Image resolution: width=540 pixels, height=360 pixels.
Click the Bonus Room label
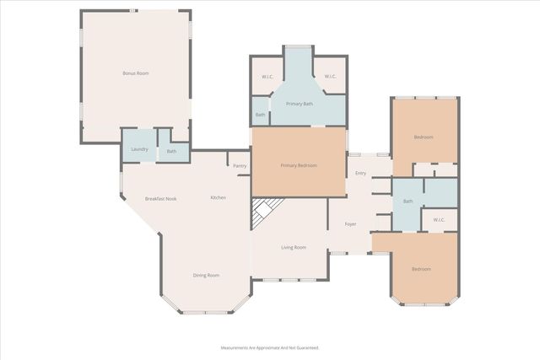(135, 74)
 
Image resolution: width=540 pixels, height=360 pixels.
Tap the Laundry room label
(140, 150)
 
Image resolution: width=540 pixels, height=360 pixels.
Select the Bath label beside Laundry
(171, 151)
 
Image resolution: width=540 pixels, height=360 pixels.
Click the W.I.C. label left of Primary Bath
(267, 77)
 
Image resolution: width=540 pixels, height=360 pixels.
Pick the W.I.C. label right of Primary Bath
(330, 77)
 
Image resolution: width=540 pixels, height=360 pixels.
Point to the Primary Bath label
(299, 104)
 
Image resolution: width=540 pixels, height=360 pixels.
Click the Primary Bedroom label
(299, 165)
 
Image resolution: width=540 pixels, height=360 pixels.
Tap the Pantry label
(240, 166)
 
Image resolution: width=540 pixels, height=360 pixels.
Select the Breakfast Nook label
(160, 198)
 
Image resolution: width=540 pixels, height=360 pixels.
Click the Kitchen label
(218, 197)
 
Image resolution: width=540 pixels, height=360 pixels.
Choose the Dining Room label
(207, 275)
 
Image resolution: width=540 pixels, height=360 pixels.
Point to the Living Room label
(293, 247)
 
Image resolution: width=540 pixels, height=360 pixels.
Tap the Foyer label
(350, 224)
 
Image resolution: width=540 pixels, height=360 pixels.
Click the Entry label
(360, 173)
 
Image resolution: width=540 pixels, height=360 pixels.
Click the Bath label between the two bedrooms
(408, 201)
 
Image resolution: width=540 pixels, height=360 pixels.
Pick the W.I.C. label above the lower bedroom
(439, 220)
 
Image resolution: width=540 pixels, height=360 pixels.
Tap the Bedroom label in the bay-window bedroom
(420, 269)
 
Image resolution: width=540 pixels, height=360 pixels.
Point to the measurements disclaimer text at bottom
(270, 347)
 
